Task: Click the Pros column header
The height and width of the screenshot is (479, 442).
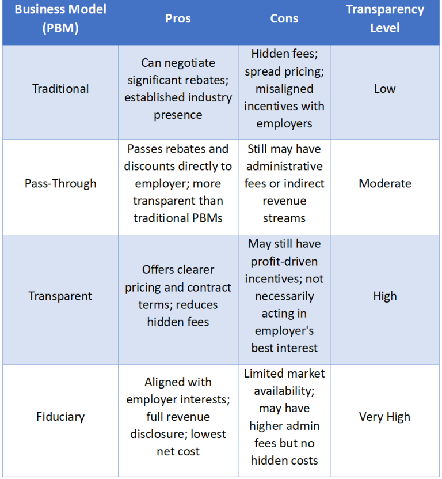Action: pyautogui.click(x=178, y=18)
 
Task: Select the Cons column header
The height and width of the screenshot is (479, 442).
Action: pyautogui.click(x=284, y=18)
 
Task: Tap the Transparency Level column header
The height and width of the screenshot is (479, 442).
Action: pyautogui.click(x=384, y=18)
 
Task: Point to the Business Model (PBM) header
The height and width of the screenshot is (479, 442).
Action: pyautogui.click(x=60, y=18)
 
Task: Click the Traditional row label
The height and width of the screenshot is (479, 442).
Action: pyautogui.click(x=60, y=89)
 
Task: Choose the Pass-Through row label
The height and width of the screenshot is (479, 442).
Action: pyautogui.click(x=60, y=184)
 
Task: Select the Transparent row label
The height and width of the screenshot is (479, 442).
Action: pyautogui.click(x=60, y=296)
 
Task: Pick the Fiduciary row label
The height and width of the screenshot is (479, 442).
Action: pyautogui.click(x=60, y=417)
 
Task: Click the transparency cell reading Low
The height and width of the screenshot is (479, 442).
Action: pyautogui.click(x=384, y=89)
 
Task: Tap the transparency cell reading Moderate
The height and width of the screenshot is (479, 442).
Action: pyautogui.click(x=384, y=184)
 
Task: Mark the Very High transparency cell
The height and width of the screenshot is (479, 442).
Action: pyautogui.click(x=384, y=417)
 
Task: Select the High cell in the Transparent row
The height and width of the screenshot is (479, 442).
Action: pyautogui.click(x=384, y=296)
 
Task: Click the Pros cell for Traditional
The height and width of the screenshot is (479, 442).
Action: pyautogui.click(x=178, y=89)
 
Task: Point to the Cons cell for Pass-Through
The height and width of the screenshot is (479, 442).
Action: pyautogui.click(x=284, y=184)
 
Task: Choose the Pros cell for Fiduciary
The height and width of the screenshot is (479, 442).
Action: pyautogui.click(x=178, y=417)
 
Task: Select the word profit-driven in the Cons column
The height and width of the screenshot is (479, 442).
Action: pyautogui.click(x=284, y=262)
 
